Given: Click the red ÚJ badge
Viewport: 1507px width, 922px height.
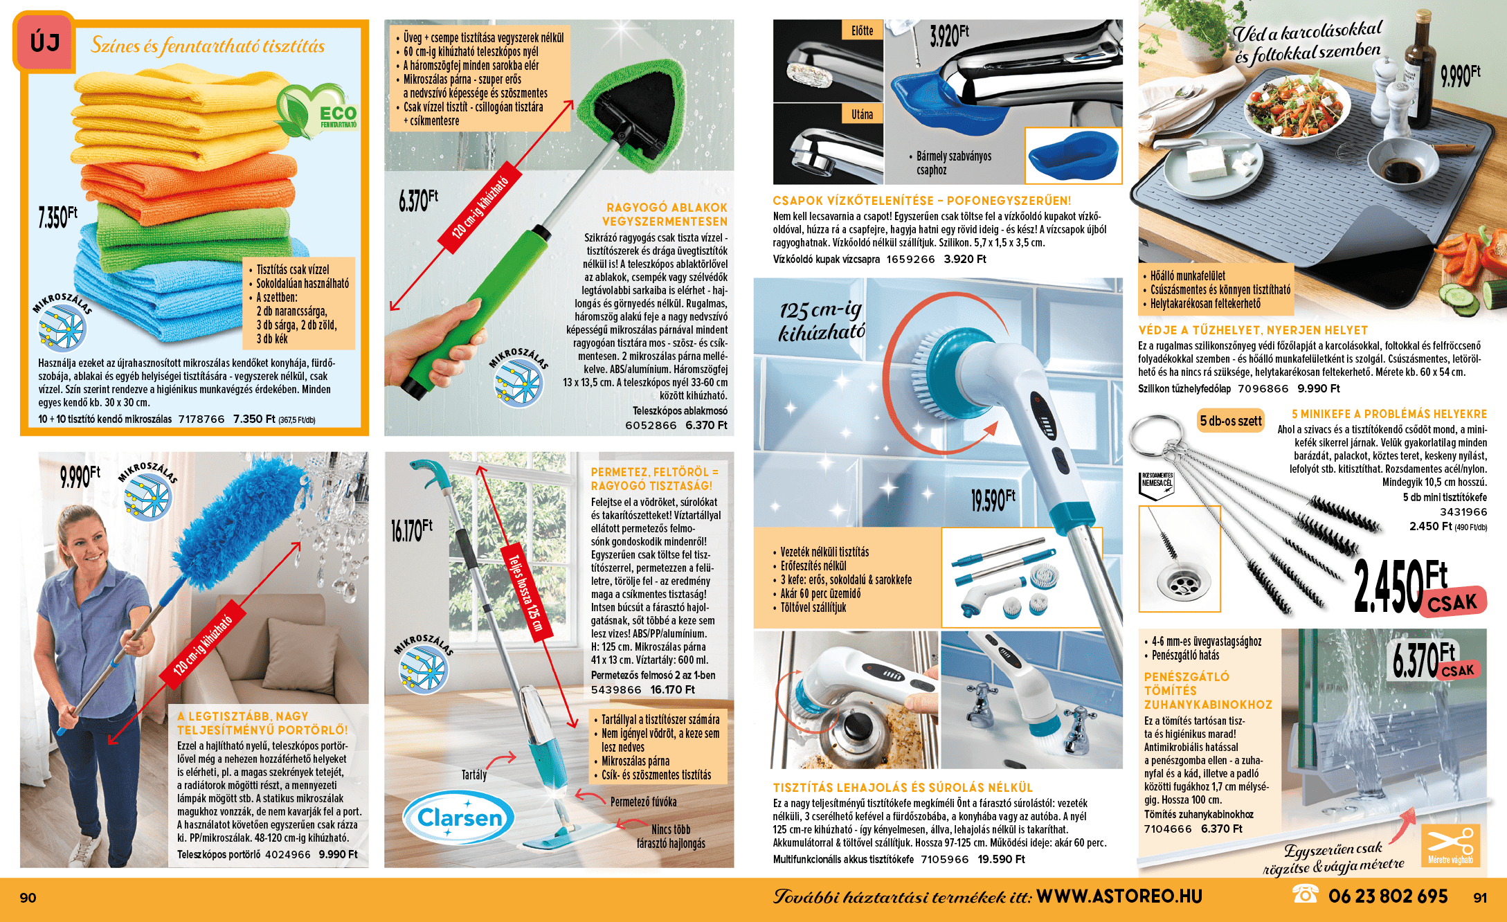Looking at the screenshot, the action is pos(44,42).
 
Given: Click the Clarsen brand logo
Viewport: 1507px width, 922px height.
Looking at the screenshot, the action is pos(460,817).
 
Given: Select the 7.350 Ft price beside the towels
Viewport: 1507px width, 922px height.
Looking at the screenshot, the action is pos(57,217).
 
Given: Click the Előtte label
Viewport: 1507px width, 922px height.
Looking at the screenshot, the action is pos(862,30).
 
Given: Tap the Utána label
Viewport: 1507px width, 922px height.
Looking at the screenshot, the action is pos(862,114).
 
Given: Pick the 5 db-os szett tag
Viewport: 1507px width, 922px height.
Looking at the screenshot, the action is pos(1231,421).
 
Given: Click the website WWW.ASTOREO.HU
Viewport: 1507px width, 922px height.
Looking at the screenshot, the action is pos(1119,896).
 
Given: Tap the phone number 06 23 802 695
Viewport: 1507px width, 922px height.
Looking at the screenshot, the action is pos(1388,896).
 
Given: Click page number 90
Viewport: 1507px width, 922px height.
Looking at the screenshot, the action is pos(28,898).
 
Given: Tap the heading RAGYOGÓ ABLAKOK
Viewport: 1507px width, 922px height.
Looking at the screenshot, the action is pos(667,208).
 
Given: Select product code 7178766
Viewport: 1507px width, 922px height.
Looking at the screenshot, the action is pos(201,419).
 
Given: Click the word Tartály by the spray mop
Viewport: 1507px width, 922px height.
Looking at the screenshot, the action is pos(474,775).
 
